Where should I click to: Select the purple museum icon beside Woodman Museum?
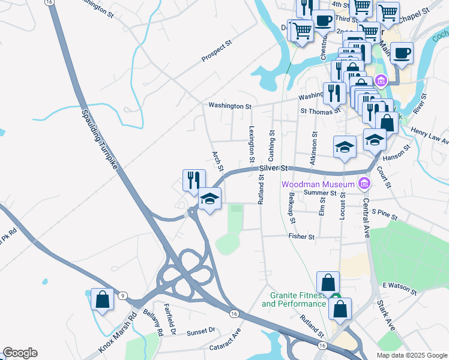[363, 182]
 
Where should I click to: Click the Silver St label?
[274, 169]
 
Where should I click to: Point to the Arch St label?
[217, 160]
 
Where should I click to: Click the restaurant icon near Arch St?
[194, 180]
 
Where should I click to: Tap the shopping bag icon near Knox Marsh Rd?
[102, 299]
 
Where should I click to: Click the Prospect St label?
[217, 52]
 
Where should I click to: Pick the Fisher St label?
[301, 237]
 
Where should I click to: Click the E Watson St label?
[400, 288]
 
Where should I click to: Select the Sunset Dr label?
[200, 331]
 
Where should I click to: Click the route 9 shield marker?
[123, 295]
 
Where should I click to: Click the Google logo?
[20, 353]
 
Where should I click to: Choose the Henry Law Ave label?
[430, 135]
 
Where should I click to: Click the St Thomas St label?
[321, 111]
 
